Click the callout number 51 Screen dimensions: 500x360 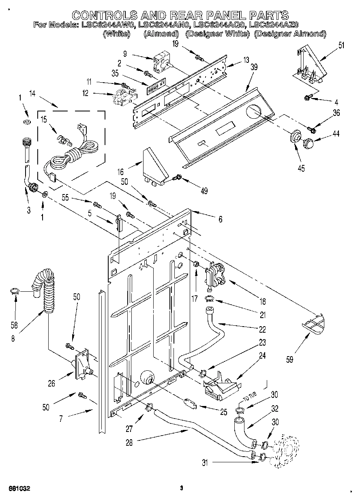point(341,45)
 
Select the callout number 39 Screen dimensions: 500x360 point(254,68)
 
